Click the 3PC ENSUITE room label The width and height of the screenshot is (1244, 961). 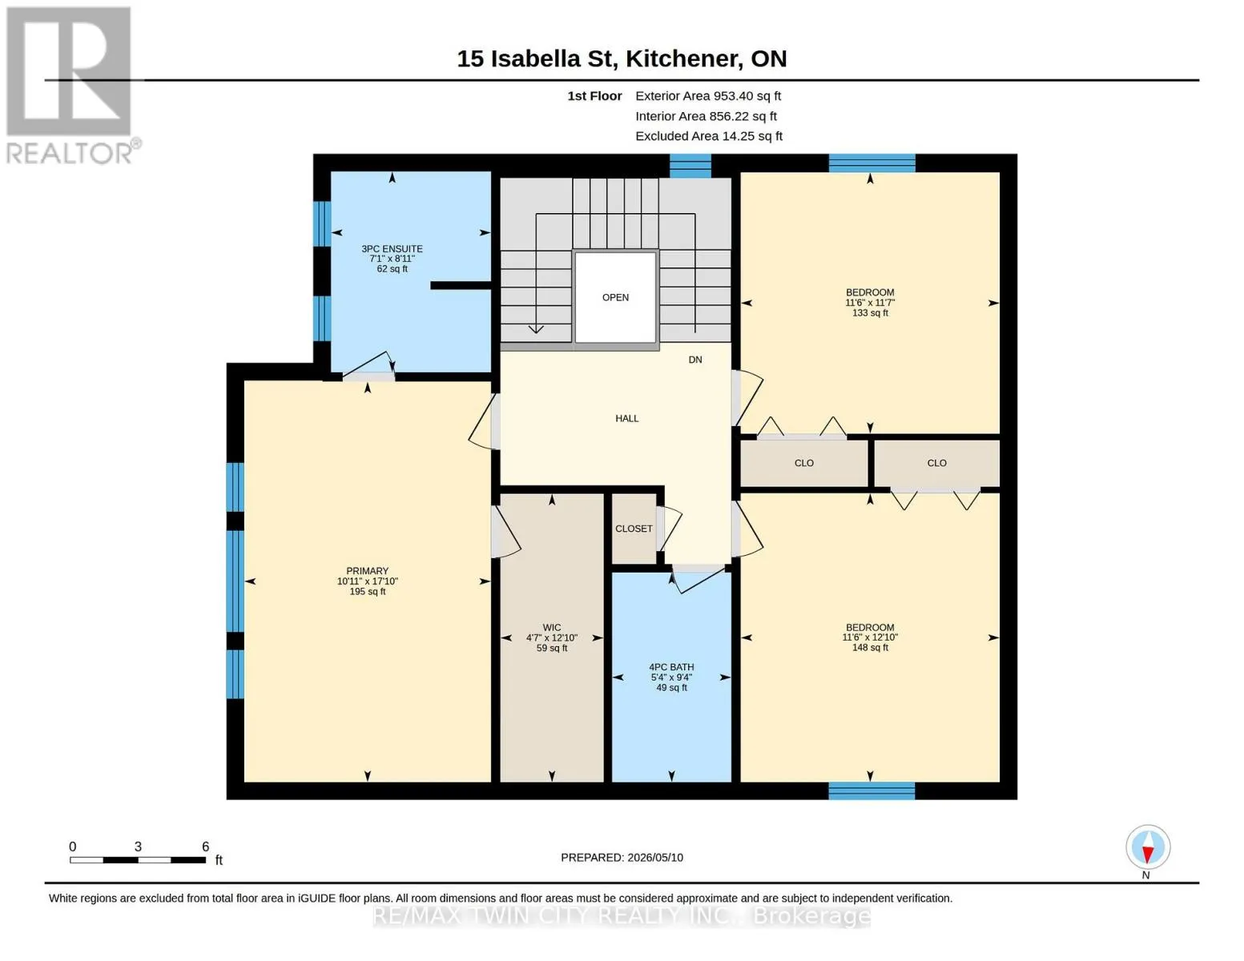392,248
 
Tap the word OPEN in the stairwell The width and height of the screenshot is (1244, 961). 615,297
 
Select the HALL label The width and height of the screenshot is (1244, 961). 626,418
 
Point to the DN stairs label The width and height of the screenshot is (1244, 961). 695,360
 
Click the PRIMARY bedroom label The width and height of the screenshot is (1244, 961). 367,571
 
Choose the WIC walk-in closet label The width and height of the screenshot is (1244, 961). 551,627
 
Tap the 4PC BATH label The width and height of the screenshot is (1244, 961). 671,667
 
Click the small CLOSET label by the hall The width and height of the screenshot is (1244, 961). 633,529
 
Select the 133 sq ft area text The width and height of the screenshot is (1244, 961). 870,312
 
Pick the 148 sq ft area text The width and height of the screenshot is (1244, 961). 870,647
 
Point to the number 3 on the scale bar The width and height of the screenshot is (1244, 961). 138,846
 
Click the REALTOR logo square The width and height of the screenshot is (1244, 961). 69,71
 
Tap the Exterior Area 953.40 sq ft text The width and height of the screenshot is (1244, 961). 707,95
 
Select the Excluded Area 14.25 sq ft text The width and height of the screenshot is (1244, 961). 709,135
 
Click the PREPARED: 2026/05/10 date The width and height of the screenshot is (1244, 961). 622,858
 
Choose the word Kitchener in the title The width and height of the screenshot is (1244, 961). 681,59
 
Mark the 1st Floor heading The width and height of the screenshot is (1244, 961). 594,95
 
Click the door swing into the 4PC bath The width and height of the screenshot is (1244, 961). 698,578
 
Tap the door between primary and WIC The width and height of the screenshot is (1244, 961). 505,533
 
